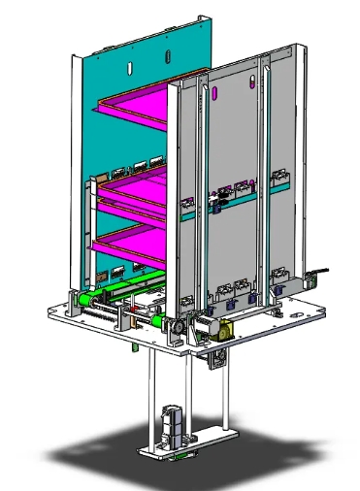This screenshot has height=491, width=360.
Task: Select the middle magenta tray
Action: tap(136, 191)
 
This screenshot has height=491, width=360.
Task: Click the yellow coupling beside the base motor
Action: tap(222, 329)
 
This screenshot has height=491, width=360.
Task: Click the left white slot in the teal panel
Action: tap(129, 67)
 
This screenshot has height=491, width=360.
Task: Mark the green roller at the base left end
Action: tap(84, 300)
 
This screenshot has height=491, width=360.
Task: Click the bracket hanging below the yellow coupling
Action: tap(216, 360)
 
